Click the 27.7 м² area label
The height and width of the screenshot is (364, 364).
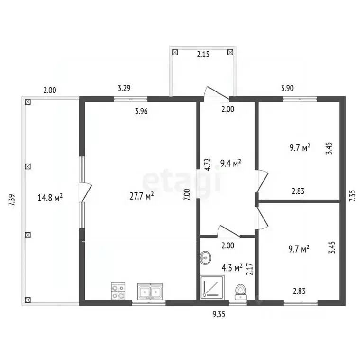coord(142,196)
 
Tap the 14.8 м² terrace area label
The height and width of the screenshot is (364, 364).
coord(50,198)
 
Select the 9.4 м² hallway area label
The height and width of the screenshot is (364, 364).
coord(230,163)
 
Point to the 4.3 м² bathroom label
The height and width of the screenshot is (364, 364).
coord(232,268)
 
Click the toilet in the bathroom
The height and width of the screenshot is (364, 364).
coord(240,292)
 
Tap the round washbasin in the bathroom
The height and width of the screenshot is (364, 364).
coord(205,257)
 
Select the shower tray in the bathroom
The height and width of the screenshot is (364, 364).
coord(212,287)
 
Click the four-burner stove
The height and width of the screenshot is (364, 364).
coord(118,291)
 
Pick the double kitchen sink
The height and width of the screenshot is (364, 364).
coord(150,291)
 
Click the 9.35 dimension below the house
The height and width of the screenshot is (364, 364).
coord(219,314)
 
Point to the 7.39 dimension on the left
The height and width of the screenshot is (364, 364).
coord(12,200)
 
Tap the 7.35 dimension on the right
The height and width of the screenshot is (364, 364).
coord(353,195)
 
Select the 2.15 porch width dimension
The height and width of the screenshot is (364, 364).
coord(203,55)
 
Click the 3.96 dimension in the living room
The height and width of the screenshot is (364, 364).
coord(141,111)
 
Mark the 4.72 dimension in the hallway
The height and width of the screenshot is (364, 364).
coord(208,164)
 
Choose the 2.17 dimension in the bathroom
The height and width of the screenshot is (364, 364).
coord(250,269)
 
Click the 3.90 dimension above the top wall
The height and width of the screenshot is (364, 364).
coord(287,88)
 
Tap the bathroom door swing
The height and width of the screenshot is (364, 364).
coord(228,231)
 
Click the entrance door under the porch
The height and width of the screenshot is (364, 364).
coord(216,94)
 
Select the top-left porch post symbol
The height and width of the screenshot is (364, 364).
coord(175,52)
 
